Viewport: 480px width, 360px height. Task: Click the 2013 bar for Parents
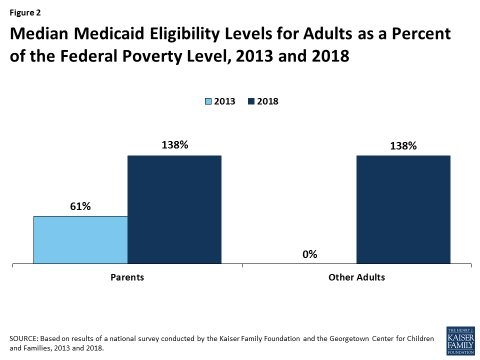pyautogui.click(x=80, y=239)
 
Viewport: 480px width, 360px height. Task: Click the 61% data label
pyautogui.click(x=80, y=206)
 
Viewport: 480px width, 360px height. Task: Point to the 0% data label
pyautogui.click(x=309, y=254)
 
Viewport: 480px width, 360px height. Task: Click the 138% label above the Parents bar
pyautogui.click(x=174, y=145)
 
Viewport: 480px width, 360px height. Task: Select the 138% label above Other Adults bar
pyautogui.click(x=403, y=145)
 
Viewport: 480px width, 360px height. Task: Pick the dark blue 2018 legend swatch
pyautogui.click(x=251, y=101)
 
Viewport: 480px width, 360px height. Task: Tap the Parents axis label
pyautogui.click(x=127, y=277)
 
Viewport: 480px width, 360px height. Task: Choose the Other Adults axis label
pyautogui.click(x=356, y=277)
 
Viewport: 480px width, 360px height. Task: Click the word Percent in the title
pyautogui.click(x=421, y=34)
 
